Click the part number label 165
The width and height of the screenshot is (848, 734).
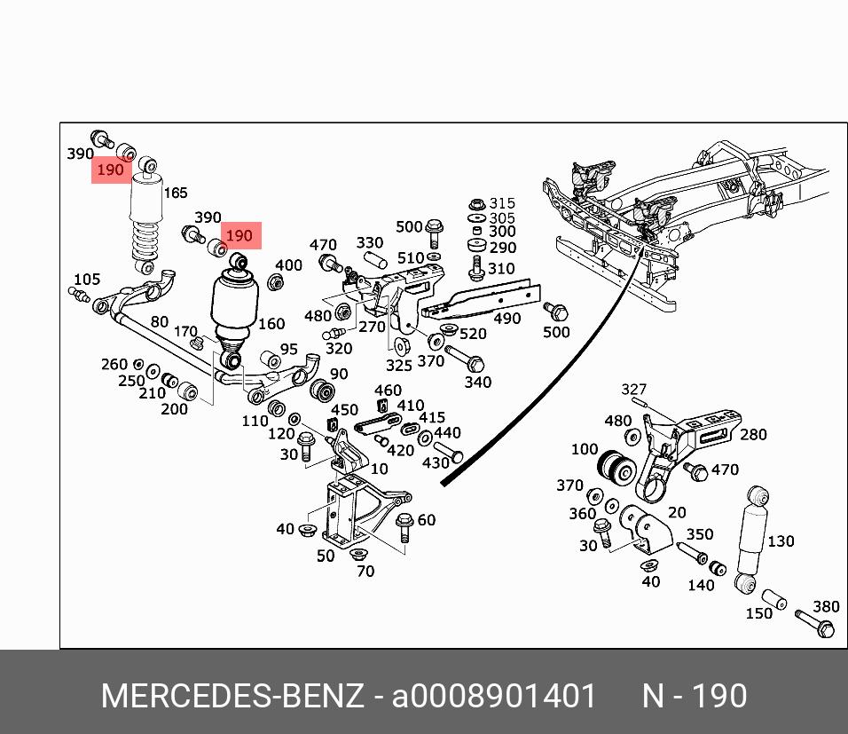tap(175, 193)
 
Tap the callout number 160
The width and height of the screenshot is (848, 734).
tap(271, 324)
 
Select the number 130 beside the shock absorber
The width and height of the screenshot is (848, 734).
tap(781, 541)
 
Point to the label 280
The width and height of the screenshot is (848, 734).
tap(752, 434)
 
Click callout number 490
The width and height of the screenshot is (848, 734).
tap(506, 319)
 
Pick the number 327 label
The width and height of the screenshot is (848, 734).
tap(633, 390)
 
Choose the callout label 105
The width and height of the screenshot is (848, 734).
tap(86, 280)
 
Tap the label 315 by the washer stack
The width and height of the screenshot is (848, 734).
tap(502, 204)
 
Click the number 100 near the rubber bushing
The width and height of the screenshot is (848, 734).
tap(585, 449)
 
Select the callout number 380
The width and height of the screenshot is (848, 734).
tap(826, 607)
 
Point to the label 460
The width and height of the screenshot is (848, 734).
tap(388, 390)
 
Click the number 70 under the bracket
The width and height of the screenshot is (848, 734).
tap(365, 572)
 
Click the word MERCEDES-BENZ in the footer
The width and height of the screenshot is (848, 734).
tap(232, 697)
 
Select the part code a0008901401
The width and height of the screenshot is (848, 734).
tap(494, 697)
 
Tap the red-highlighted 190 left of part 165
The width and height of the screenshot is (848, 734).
tap(110, 170)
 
